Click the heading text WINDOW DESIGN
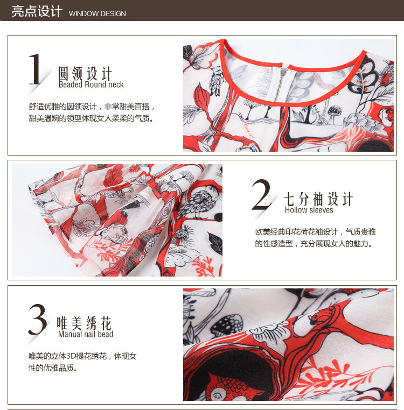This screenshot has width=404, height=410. click(97, 13)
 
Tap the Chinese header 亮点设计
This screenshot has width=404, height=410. click(37, 11)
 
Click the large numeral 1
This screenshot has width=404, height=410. click(35, 69)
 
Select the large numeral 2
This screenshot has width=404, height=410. click(261, 194)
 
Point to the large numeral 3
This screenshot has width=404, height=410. click(38, 319)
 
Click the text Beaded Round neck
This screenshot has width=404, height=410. click(91, 84)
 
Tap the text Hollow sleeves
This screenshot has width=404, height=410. click(309, 210)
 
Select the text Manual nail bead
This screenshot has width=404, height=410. click(86, 334)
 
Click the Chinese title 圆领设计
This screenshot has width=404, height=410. click(85, 73)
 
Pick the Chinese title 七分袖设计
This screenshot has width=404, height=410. click(319, 199)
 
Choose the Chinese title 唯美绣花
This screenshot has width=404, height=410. click(84, 323)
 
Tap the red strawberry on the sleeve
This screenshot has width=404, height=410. click(119, 217)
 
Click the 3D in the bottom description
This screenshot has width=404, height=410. click(71, 356)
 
